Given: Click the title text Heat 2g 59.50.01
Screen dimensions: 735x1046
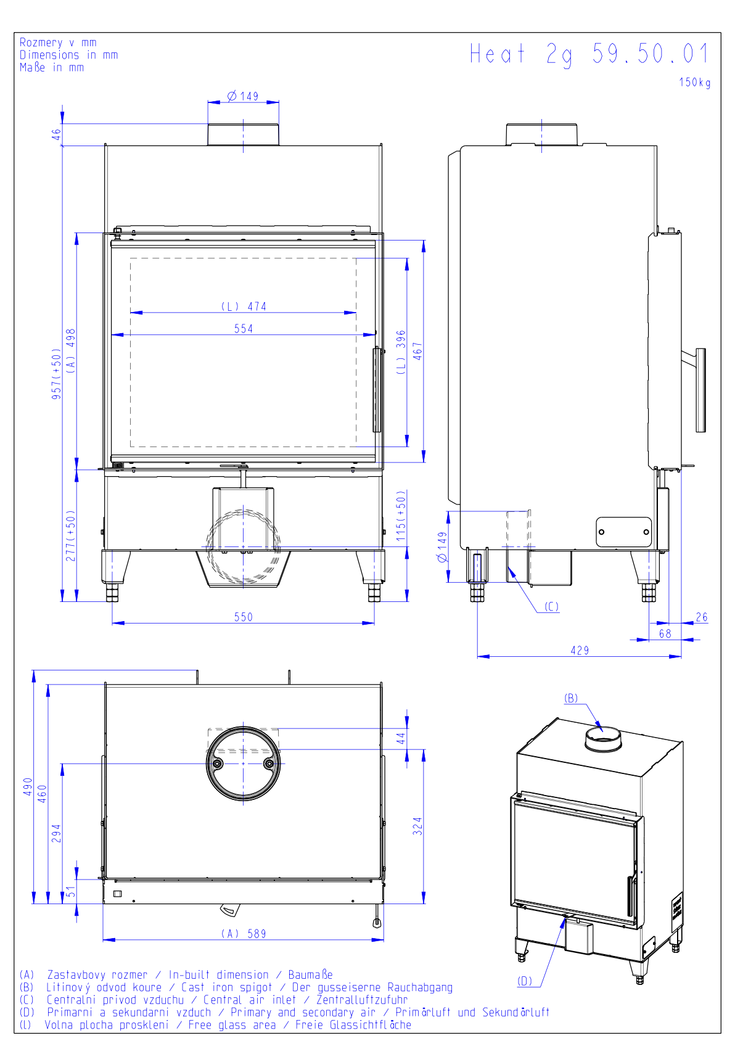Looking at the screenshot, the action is [589, 54].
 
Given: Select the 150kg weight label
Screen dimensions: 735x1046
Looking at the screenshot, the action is [695, 83].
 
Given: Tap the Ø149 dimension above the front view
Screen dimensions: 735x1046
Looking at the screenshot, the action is [243, 96].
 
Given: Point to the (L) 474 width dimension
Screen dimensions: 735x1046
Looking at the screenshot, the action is [244, 307].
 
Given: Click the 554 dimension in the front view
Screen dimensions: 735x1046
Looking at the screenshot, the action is [244, 329].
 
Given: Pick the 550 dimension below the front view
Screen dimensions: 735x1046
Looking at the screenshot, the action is [244, 617].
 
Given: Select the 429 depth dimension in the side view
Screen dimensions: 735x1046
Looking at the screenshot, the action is [580, 650].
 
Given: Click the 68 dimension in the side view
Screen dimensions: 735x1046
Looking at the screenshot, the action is [665, 633].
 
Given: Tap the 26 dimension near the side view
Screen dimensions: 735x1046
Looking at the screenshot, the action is [702, 617].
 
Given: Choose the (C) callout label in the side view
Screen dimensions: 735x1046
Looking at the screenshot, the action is [552, 607].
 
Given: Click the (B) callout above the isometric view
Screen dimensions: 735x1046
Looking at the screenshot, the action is [572, 698].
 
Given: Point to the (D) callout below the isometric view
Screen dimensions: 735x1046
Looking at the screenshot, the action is [525, 981].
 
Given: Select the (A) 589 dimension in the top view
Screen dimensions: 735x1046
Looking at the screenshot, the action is [244, 934].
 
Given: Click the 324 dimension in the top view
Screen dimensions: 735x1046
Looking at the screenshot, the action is [418, 826].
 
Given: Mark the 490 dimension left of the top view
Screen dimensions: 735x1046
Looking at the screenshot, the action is [28, 786].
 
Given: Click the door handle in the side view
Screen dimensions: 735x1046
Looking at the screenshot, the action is [700, 390].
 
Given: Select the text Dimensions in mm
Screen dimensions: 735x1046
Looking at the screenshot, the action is [68, 55].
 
